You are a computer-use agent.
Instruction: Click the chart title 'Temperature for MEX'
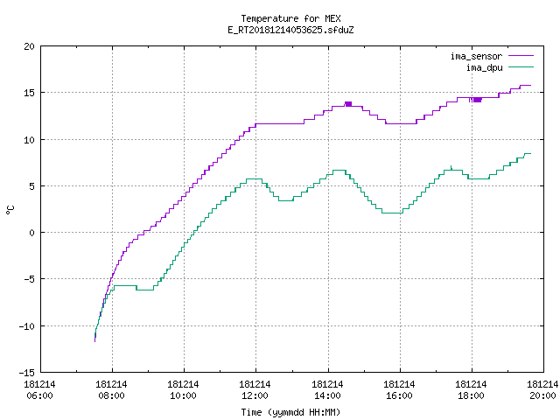pos(290,18)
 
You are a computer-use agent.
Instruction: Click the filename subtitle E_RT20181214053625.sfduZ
pos(290,30)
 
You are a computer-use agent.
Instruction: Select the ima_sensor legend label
pos(476,56)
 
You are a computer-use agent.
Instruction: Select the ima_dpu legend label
pos(484,67)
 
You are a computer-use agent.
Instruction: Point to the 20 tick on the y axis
pos(29,46)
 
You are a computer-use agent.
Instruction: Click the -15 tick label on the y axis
pos(27,373)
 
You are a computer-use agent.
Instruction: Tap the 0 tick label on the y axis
pos(31,233)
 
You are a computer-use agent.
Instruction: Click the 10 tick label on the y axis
pos(29,140)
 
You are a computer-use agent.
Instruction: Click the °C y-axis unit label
pos(10,210)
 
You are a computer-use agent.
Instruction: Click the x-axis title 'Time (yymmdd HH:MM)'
pos(290,412)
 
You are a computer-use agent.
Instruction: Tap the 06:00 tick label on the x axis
pos(39,395)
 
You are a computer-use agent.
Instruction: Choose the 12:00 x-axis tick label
pos(255,395)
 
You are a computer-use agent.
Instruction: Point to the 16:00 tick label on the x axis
pos(399,395)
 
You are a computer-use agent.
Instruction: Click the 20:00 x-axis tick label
pos(542,395)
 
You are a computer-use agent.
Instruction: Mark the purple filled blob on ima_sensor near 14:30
pos(348,104)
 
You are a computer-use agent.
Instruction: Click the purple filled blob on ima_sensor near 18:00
pos(477,100)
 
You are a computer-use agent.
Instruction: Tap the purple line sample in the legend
pos(521,56)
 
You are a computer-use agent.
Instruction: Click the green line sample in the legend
pos(521,67)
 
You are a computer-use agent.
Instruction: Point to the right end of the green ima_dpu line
pos(531,154)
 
